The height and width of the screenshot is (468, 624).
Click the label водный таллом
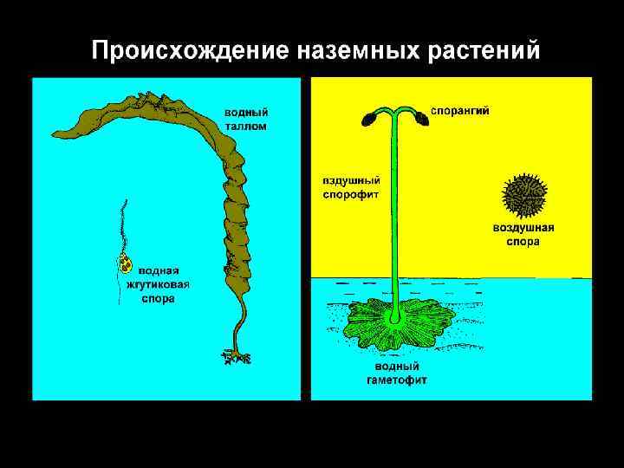[247, 120]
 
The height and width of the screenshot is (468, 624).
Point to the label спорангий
[460, 111]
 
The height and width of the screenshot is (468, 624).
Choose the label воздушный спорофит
[351, 188]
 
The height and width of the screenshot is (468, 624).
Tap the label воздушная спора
[523, 235]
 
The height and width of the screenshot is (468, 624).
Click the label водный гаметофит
[396, 374]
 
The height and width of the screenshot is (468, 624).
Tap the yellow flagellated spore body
[126, 263]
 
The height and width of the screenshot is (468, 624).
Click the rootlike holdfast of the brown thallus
[234, 354]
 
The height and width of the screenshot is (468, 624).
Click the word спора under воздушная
[523, 242]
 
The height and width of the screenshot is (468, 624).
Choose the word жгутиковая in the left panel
[166, 283]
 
